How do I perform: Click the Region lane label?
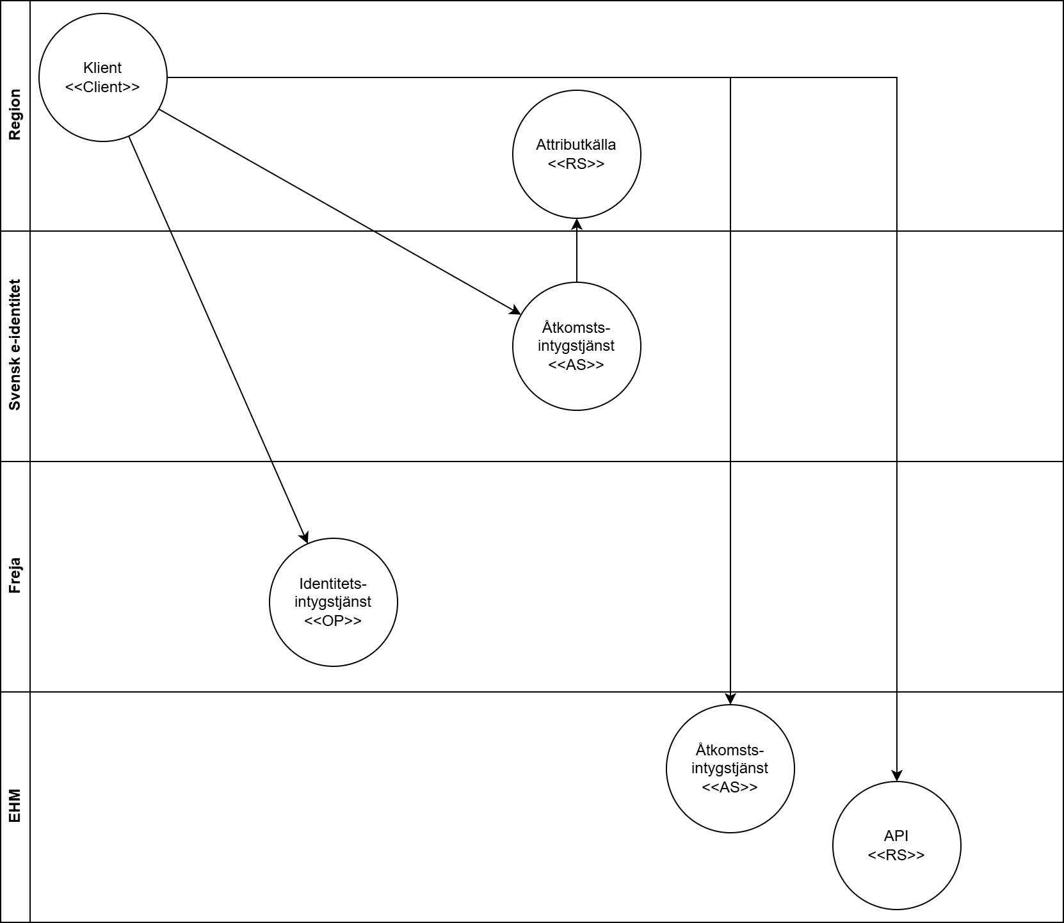point(15,115)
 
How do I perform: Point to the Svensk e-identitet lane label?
point(15,345)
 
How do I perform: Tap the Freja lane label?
point(15,575)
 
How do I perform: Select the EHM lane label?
point(15,806)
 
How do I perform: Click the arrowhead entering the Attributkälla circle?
point(576,224)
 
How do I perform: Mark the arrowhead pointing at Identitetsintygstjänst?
point(305,538)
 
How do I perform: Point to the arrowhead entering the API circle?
point(896,776)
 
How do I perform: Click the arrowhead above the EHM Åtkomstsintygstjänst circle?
point(730,699)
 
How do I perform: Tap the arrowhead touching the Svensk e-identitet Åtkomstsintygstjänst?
point(515,311)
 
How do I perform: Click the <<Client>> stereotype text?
point(102,87)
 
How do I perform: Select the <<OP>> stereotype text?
point(333,620)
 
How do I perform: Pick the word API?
point(896,835)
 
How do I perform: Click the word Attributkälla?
point(576,145)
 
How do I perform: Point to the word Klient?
point(102,68)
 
